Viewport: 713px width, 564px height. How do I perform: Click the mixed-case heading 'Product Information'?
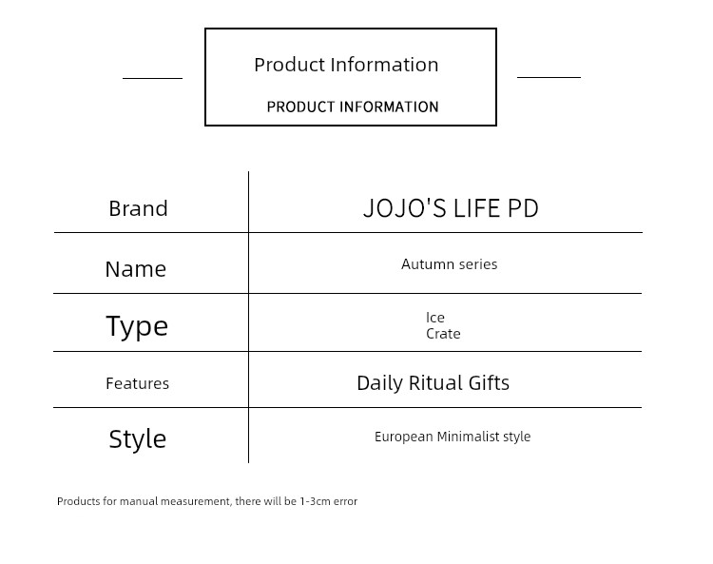pos(346,65)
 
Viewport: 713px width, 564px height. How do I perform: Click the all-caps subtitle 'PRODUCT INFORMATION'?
pos(353,107)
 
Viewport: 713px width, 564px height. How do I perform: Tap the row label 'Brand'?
pos(138,209)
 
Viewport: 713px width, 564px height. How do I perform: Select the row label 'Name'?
pos(136,269)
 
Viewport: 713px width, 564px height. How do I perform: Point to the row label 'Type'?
pos(137,326)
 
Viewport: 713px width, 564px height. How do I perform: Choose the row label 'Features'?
pos(137,383)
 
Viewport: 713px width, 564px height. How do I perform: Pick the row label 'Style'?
pos(137,438)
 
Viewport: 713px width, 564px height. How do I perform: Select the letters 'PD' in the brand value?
pos(523,208)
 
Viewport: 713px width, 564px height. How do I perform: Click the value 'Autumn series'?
pos(450,264)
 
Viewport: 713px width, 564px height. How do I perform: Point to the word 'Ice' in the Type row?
pos(435,318)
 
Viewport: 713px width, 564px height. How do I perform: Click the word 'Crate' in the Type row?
pos(443,334)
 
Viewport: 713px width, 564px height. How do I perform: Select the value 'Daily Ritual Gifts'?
pos(433,383)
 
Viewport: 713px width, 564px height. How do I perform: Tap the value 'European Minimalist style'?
pos(453,437)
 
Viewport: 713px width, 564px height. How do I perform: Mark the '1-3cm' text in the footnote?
pos(315,501)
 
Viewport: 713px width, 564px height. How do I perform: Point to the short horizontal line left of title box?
pos(152,78)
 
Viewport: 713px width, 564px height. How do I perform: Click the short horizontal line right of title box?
pos(549,77)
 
